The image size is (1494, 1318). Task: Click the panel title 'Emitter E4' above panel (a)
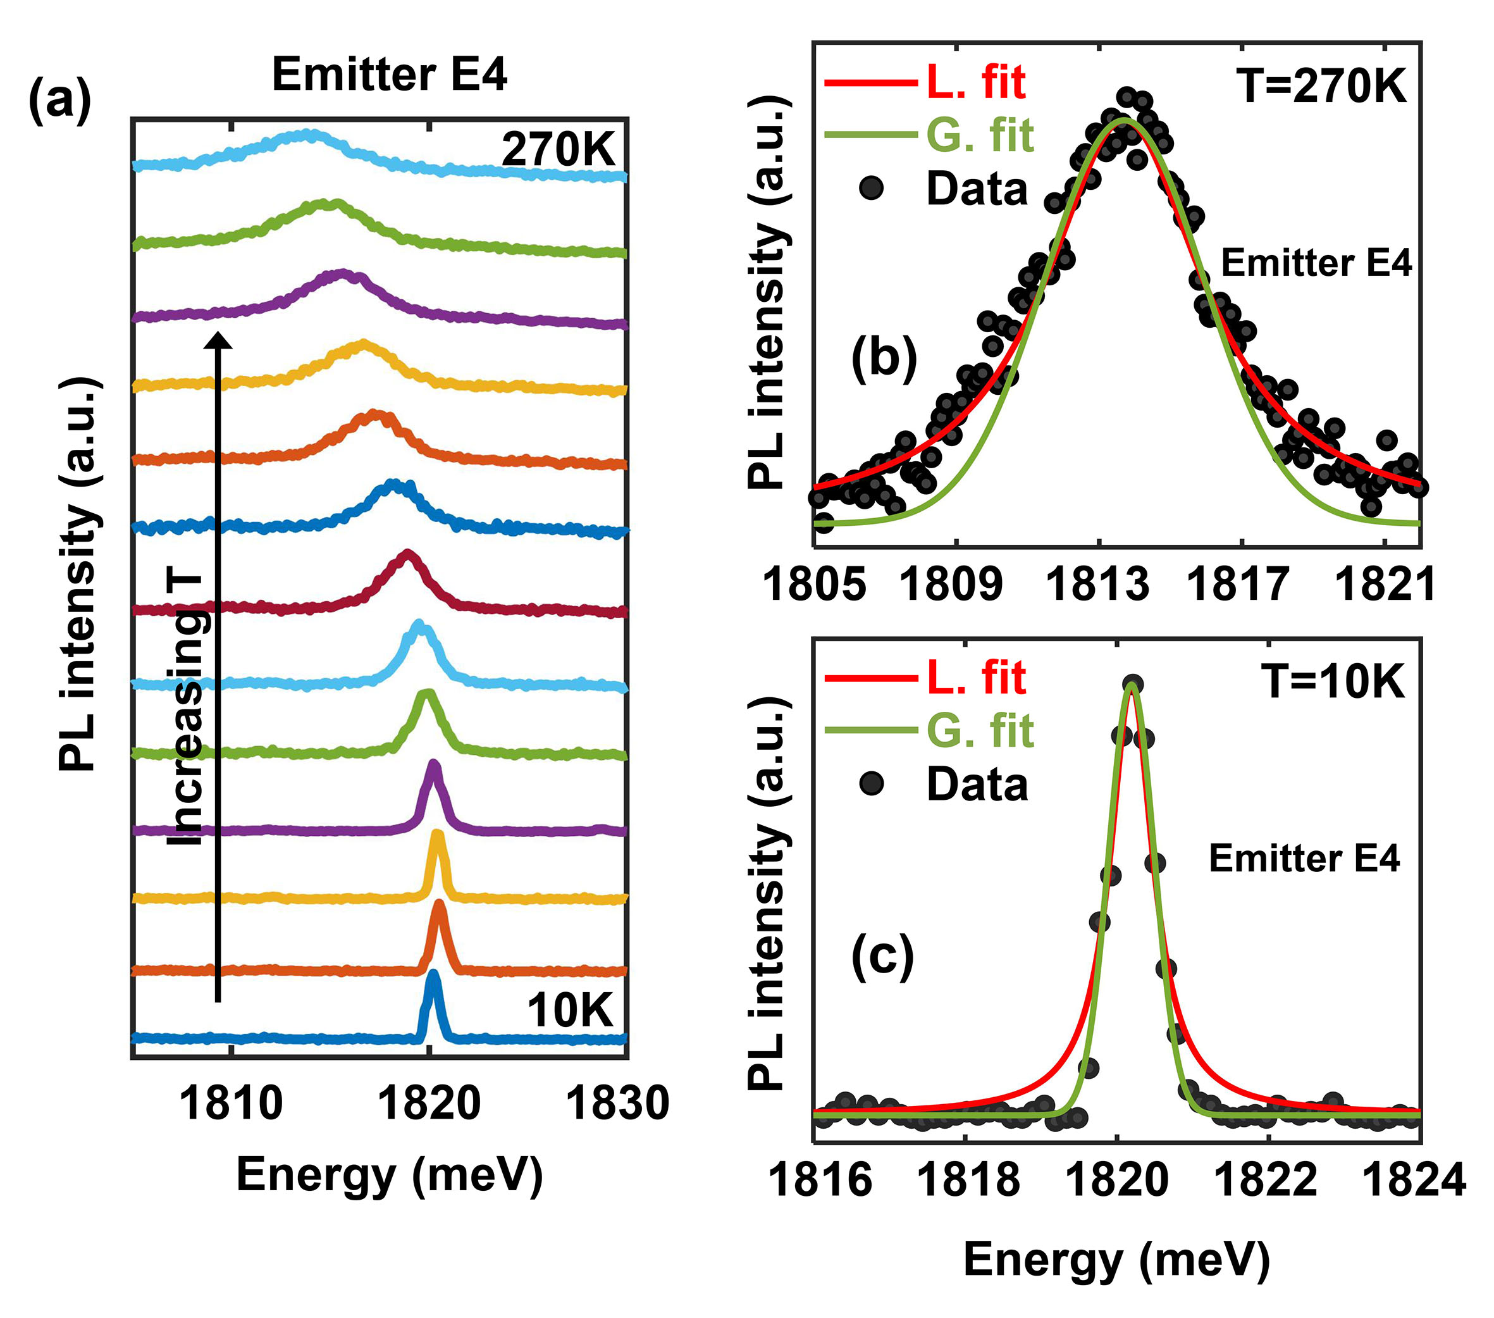(x=389, y=75)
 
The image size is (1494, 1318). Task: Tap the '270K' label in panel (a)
(x=559, y=150)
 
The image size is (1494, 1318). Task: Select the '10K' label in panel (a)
(x=569, y=1011)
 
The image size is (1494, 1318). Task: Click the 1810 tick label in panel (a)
(x=231, y=1103)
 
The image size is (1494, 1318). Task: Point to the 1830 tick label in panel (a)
(x=617, y=1103)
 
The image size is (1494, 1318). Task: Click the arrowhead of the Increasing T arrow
(x=217, y=340)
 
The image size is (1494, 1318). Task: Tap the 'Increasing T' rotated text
(x=186, y=709)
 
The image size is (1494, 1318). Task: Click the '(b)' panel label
(x=884, y=358)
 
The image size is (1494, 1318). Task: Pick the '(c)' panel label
(x=882, y=955)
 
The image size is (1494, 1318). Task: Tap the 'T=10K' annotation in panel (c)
(x=1333, y=682)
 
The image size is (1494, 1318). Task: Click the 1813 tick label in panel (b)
(x=1098, y=585)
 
